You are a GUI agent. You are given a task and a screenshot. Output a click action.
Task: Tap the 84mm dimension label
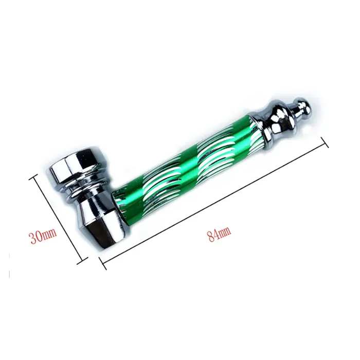[219, 233]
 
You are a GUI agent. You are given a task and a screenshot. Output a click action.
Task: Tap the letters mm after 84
[225, 231]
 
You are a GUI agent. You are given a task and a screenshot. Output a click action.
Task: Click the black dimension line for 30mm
[59, 220]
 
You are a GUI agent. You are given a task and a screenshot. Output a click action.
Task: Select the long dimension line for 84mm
[213, 204]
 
